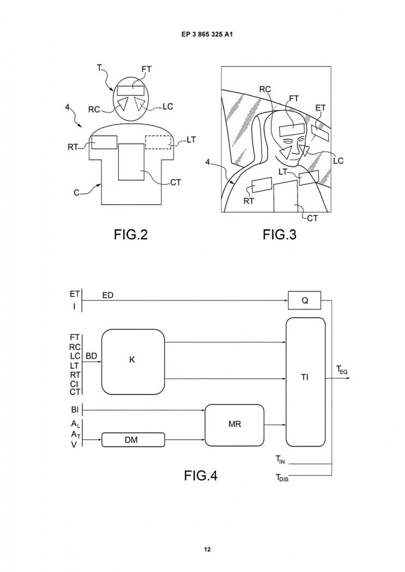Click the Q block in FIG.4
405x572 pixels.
(305, 300)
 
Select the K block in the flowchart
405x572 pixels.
(132, 362)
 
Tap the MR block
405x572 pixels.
(234, 424)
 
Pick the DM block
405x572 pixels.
(133, 440)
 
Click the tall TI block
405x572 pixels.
(305, 382)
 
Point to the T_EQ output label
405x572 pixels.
(342, 370)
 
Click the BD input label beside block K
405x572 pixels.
(91, 356)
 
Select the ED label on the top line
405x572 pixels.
(107, 295)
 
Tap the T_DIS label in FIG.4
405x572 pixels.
(282, 477)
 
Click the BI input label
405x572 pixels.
(75, 410)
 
